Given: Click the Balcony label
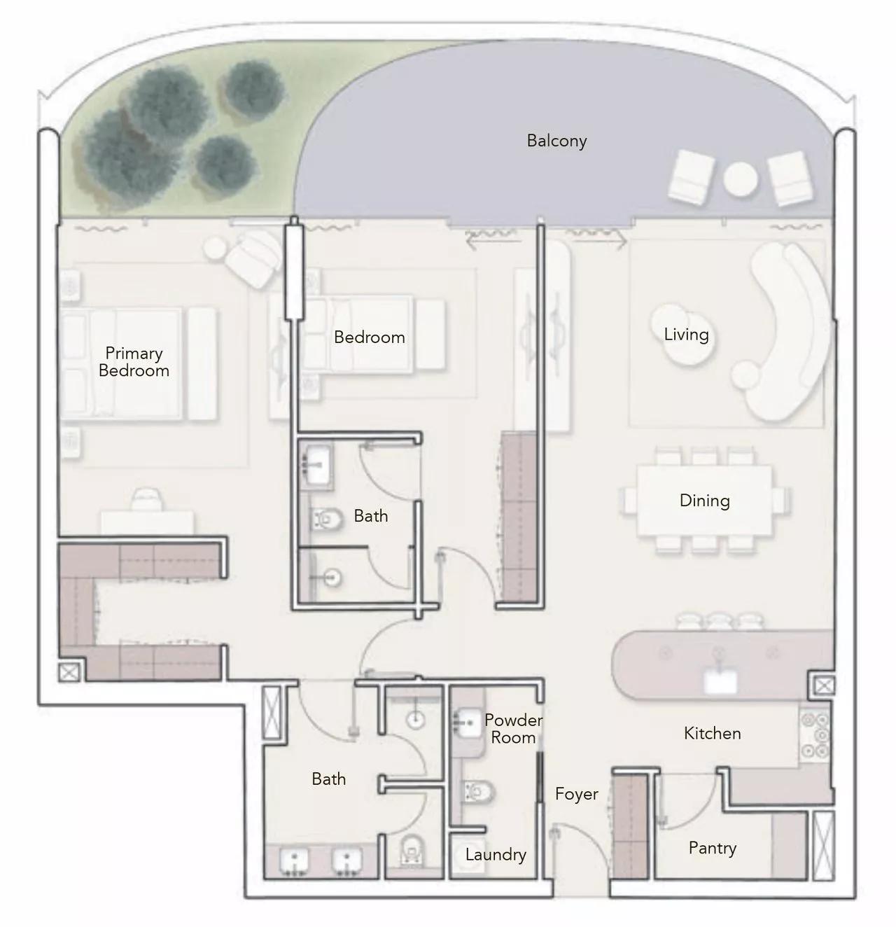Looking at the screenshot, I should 556,141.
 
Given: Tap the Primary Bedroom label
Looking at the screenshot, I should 134,362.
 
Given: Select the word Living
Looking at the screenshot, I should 686,335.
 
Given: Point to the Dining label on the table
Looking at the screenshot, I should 704,501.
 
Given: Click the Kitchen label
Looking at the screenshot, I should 712,733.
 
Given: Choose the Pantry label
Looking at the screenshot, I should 712,848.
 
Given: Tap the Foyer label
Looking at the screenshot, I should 576,794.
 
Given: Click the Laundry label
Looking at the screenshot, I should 495,854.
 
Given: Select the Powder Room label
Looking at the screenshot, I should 513,729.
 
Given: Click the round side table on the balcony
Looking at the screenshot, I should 740,180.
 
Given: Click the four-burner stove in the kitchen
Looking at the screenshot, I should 814,735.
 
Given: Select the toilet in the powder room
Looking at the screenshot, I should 479,792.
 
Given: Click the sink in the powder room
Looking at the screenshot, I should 467,720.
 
